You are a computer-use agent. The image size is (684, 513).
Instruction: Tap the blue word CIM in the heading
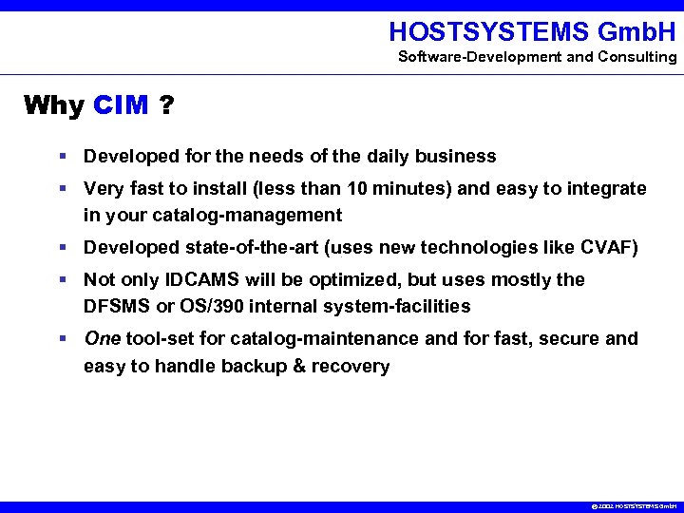pyautogui.click(x=122, y=104)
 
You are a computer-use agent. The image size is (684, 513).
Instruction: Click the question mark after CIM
pyautogui.click(x=166, y=104)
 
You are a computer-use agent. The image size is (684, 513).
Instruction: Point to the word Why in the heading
pyautogui.click(x=54, y=104)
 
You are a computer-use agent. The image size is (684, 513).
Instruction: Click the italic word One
pyautogui.click(x=102, y=338)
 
